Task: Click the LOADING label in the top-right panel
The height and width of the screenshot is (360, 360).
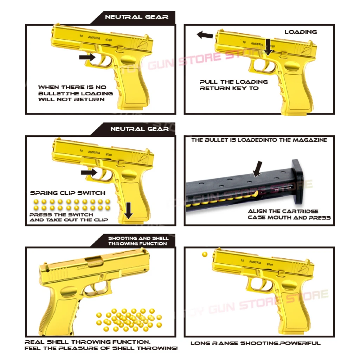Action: (x=301, y=32)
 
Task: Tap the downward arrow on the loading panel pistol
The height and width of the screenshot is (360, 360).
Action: (x=269, y=47)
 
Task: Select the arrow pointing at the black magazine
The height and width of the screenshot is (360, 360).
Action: (x=258, y=169)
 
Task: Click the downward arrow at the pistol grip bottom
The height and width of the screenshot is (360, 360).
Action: (x=129, y=210)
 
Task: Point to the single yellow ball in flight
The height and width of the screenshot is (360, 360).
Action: (x=205, y=254)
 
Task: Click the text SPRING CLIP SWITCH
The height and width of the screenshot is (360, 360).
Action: (x=67, y=193)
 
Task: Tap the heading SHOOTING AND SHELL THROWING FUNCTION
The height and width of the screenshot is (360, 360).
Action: (x=138, y=241)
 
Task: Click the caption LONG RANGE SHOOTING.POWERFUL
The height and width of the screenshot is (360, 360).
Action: (x=256, y=343)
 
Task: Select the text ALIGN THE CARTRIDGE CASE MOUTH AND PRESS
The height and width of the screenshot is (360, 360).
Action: (x=289, y=214)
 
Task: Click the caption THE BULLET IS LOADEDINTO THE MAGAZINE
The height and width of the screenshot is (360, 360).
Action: (x=259, y=140)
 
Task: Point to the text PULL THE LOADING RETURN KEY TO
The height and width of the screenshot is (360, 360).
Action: (x=234, y=85)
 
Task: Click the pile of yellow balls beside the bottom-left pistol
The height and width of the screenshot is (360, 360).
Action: (x=130, y=320)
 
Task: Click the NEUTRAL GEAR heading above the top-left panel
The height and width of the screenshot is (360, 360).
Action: (x=137, y=17)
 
